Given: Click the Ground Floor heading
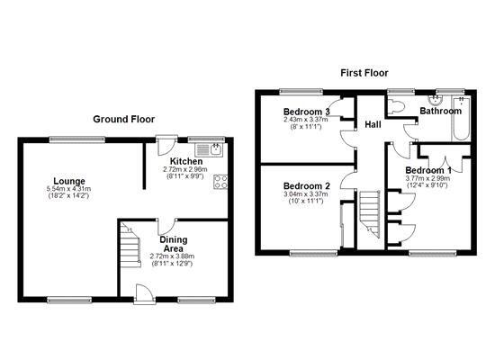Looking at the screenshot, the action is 124,119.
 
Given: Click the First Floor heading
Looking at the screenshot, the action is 364,73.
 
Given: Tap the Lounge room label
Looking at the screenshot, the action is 69,181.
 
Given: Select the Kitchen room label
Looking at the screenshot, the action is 186,161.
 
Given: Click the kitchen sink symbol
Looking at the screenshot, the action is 209,149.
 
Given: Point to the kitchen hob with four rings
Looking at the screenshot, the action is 220,182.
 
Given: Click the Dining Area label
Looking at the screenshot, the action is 174,244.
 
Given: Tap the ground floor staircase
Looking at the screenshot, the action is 130,245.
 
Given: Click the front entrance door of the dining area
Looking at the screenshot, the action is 145,294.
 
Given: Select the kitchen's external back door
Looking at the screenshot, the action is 166,145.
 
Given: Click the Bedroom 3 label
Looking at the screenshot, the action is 307,112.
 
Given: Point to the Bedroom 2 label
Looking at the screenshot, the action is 307,186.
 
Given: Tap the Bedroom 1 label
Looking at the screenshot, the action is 428,170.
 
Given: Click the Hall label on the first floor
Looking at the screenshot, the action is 373,124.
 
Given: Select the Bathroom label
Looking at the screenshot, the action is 440,111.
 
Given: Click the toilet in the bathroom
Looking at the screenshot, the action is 396,106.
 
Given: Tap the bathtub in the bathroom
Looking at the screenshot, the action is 461,119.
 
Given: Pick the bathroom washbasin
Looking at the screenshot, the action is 436,100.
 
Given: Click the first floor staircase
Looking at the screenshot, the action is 369,214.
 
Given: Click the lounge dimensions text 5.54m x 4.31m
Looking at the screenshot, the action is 68,189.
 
